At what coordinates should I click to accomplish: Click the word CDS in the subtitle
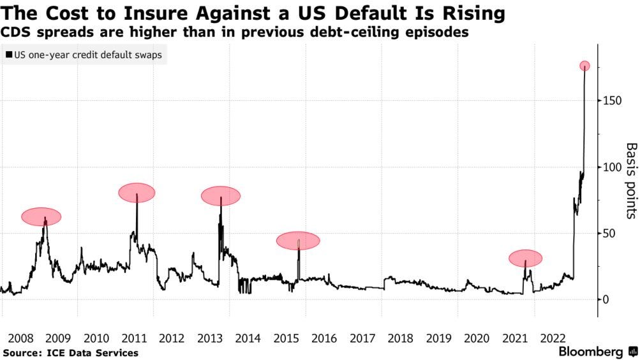(15, 33)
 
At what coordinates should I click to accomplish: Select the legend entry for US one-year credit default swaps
(84, 55)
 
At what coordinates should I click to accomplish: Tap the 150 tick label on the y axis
(613, 101)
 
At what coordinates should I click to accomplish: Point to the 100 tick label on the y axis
(613, 167)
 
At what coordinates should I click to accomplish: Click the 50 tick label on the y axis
(610, 234)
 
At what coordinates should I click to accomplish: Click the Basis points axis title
(630, 181)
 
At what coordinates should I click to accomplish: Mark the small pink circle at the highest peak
(584, 66)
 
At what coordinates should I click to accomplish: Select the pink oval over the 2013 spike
(221, 196)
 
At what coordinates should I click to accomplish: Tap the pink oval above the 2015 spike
(297, 240)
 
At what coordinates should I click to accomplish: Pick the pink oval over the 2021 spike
(525, 258)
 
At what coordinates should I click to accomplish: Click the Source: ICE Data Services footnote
(70, 352)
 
